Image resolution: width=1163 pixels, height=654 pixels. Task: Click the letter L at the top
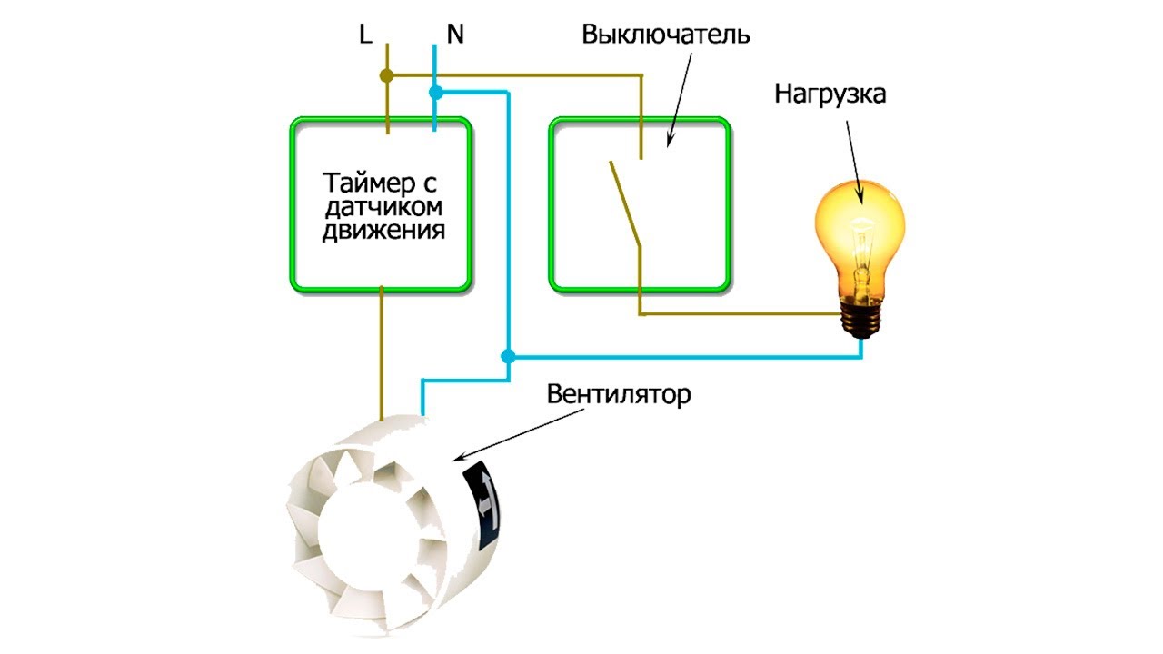(x=365, y=35)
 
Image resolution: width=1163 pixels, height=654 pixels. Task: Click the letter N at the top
(x=455, y=35)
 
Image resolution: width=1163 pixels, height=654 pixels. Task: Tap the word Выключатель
(x=666, y=35)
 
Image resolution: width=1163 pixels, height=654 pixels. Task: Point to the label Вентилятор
(x=619, y=394)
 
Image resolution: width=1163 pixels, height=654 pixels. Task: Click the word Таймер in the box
(x=369, y=183)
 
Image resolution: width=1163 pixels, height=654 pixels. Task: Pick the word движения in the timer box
(x=383, y=230)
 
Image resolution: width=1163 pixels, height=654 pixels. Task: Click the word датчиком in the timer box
(x=383, y=207)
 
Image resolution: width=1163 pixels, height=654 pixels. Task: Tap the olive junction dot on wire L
(x=386, y=75)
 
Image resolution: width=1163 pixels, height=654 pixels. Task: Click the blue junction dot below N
(x=435, y=93)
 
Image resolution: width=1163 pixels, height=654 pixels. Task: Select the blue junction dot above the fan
(x=508, y=357)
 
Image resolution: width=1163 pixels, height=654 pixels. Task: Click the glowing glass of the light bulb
(x=860, y=233)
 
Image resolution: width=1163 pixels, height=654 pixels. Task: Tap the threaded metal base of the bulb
(x=861, y=318)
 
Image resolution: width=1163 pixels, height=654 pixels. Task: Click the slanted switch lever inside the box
(x=625, y=203)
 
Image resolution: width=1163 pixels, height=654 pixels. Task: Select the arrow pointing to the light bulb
(x=855, y=163)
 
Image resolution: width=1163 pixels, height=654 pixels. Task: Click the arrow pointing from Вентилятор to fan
(x=519, y=434)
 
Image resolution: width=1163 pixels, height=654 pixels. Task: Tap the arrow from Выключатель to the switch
(x=680, y=99)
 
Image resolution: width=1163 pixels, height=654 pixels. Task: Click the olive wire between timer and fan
(x=381, y=353)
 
